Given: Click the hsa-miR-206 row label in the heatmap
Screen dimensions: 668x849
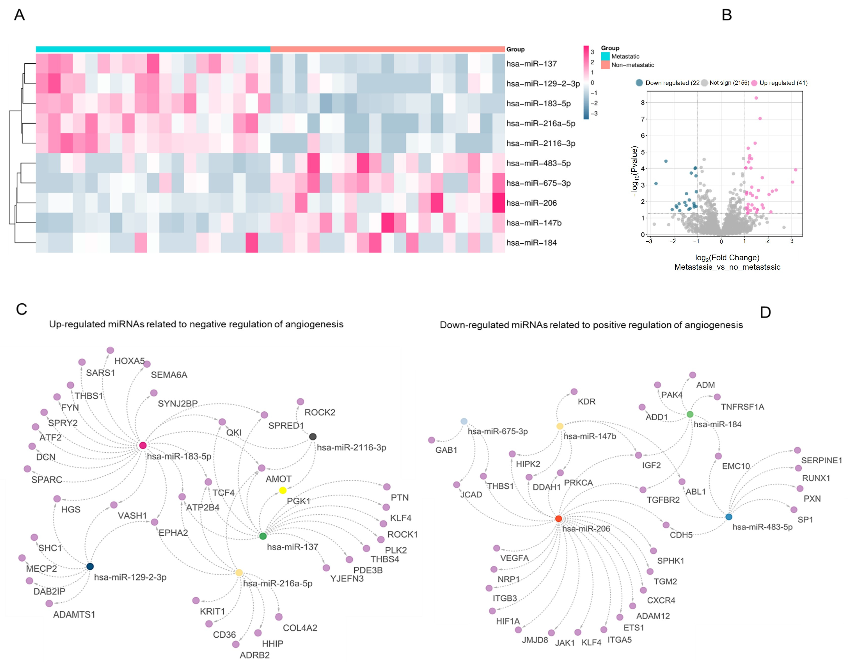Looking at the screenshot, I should tap(531, 203).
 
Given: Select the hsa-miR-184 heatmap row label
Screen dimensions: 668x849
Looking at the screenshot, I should tap(531, 243).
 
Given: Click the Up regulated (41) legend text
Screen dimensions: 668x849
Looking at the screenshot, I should tap(783, 83).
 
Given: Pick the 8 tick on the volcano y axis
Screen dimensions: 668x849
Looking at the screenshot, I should tap(643, 103).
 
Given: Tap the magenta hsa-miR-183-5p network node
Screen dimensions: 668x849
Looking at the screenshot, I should tap(143, 445).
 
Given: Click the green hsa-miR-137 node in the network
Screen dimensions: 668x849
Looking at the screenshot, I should tap(263, 536).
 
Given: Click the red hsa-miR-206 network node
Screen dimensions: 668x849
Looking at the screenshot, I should tap(559, 519).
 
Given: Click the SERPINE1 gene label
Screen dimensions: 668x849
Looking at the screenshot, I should tap(821, 460).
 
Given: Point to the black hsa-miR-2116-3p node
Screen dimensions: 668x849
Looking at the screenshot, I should tap(313, 436).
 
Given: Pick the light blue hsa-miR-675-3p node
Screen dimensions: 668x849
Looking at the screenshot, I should tap(464, 421).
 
